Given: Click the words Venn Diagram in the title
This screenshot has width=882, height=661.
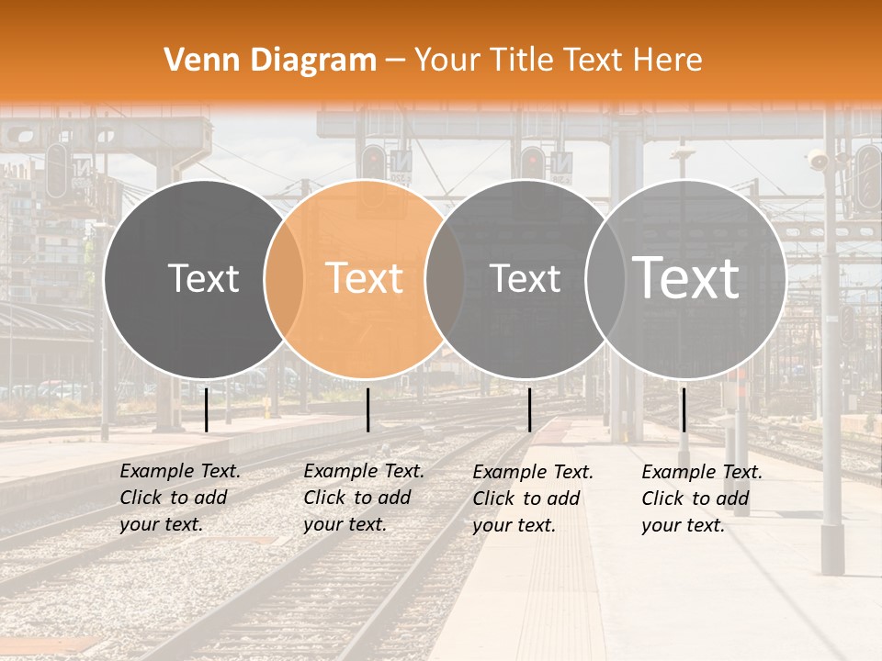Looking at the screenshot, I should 270,61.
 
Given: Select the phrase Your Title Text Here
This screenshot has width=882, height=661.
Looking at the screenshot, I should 558,61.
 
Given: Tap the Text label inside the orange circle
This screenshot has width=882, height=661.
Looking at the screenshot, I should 365,278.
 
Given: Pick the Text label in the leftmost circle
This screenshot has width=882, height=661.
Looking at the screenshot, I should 203,278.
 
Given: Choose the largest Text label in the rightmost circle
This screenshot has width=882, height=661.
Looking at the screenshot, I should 685,277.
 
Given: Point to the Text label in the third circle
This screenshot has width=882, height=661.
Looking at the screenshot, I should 526,278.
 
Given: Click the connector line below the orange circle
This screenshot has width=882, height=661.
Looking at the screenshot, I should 367,409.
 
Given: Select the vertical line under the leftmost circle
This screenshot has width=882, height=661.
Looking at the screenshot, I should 206,409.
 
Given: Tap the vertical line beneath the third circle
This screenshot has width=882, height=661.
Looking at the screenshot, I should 529,409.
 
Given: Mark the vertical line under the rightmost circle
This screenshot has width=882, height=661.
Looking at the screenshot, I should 684,409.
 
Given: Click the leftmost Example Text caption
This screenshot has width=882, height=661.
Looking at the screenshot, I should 180,498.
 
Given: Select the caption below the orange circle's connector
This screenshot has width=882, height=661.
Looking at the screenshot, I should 364,498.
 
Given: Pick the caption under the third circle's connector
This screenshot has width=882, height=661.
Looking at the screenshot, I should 533,499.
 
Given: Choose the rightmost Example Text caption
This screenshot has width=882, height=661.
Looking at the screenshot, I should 702,499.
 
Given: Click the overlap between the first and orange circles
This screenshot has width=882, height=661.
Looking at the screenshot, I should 284,279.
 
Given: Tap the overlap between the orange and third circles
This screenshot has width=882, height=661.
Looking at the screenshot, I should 445,279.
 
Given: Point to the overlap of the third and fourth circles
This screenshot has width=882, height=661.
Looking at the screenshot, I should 605,279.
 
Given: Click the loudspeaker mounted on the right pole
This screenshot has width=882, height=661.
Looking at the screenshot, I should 817,162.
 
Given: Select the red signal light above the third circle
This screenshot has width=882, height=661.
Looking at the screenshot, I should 532,162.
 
